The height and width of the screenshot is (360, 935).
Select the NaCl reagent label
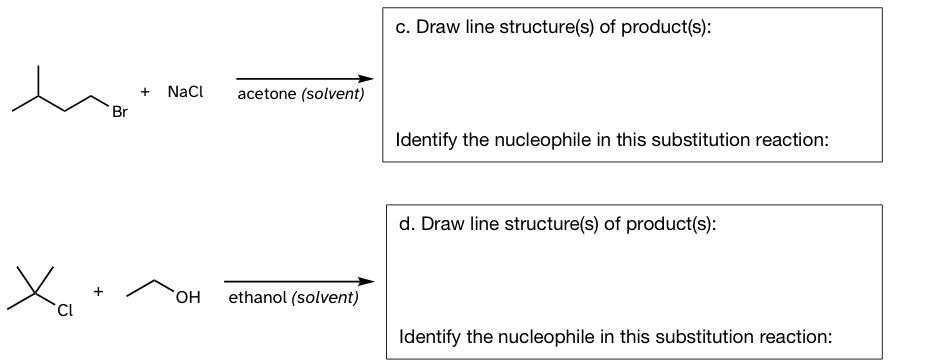[185, 92]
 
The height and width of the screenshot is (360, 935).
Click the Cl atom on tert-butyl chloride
[65, 311]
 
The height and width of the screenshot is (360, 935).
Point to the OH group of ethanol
[187, 297]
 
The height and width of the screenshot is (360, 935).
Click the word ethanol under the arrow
[257, 298]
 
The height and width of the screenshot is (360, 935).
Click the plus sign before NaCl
[146, 91]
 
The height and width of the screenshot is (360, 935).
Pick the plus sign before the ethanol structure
[98, 291]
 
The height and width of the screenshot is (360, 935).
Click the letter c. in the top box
[402, 27]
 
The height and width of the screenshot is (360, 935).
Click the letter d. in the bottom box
[406, 224]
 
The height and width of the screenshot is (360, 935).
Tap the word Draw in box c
[435, 27]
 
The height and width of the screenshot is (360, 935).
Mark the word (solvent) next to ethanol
[324, 298]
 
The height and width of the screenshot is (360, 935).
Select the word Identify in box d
[430, 337]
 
